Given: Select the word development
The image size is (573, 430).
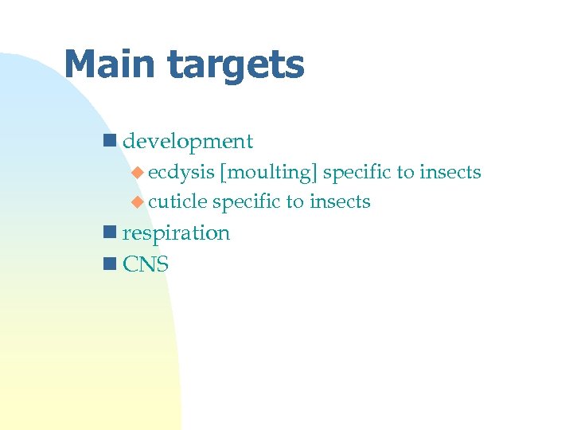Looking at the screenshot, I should point(188,143).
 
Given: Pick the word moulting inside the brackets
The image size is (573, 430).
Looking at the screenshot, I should point(270,173).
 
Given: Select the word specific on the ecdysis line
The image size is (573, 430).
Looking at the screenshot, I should point(357,173).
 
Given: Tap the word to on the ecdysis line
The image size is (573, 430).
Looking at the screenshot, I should point(405,173).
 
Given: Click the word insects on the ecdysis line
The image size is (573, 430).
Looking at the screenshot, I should point(450,172).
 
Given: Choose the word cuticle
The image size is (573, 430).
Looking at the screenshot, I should point(177,202).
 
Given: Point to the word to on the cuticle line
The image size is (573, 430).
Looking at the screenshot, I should point(294,202).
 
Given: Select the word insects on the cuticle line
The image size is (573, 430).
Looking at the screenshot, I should point(340,202).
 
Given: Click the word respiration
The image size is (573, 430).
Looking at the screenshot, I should point(176,234).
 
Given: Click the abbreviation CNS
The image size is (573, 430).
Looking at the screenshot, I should point(146,264).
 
